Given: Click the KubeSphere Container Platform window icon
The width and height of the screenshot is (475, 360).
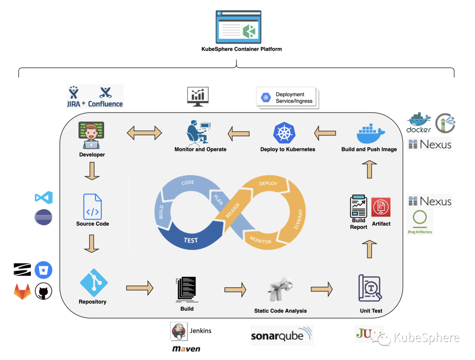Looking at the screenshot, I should click(238, 27).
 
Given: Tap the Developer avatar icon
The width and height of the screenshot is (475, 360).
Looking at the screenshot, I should click(91, 136).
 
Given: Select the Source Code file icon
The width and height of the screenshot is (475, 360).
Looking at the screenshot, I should click(92, 206).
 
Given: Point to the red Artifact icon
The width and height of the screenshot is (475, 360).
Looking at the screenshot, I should click(381, 207).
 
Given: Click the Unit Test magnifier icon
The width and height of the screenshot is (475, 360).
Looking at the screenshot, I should click(370, 288).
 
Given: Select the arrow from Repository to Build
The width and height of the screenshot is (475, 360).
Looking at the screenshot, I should click(139, 288).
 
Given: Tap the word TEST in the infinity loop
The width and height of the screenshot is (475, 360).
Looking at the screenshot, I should click(191, 240).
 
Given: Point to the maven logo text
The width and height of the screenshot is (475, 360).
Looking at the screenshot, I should click(186, 349).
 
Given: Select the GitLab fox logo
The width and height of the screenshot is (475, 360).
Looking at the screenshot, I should click(22, 291).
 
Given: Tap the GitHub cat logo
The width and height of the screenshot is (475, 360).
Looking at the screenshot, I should click(44, 291).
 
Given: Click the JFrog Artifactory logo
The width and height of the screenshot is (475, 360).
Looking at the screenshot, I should click(420, 222).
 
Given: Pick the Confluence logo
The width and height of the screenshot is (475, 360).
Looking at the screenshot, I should click(106, 97).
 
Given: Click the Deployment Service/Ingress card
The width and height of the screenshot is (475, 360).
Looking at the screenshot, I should click(287, 98).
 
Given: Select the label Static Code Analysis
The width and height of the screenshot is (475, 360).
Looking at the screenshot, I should click(280, 311).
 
